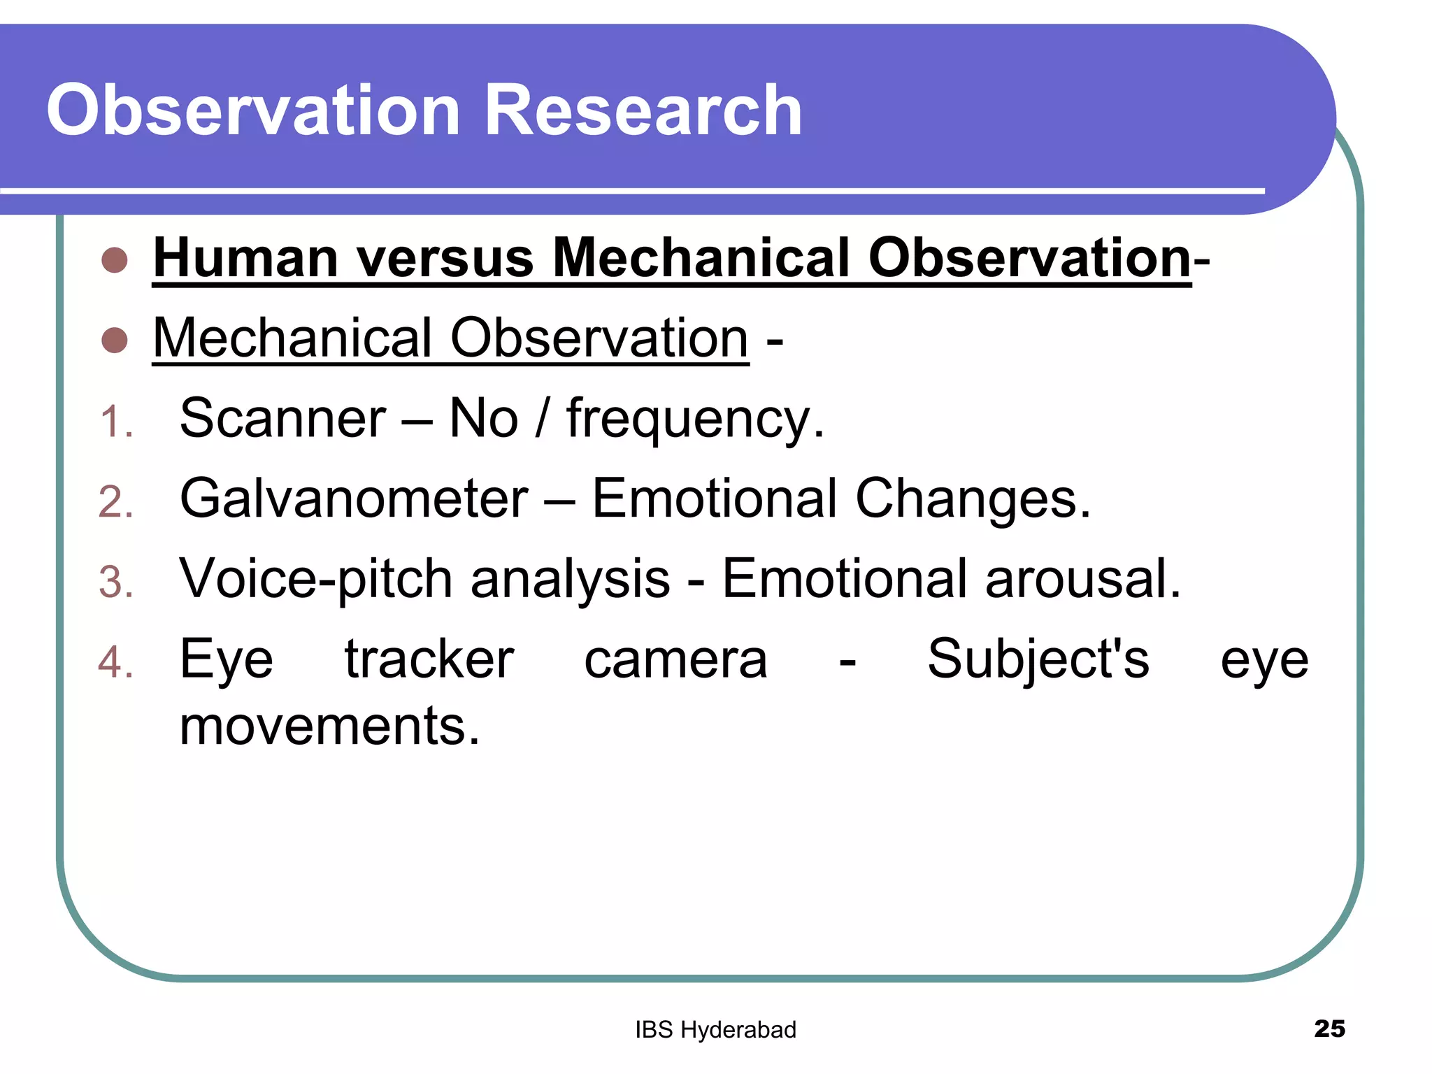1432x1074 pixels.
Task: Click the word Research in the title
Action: tap(642, 110)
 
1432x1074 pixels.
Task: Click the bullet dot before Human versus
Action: tap(115, 260)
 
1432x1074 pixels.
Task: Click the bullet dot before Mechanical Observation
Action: tap(115, 341)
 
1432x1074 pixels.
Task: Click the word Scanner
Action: tap(282, 419)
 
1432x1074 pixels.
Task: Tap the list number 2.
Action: tap(115, 503)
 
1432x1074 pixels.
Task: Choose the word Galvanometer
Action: tap(354, 499)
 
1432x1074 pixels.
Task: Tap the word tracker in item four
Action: tap(429, 660)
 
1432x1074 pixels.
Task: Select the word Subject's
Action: tap(1038, 660)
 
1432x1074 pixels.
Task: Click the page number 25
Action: tap(1329, 1029)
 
